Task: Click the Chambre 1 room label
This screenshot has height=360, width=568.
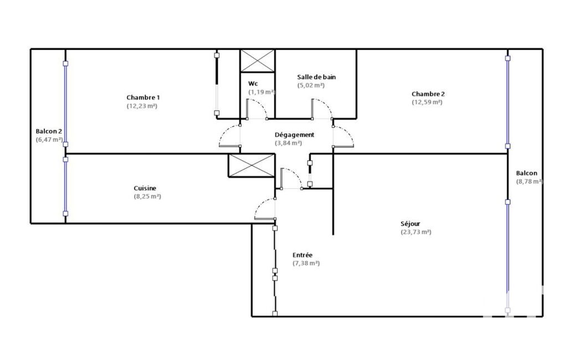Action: (x=143, y=97)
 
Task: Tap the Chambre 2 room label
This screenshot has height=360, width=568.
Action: (x=428, y=94)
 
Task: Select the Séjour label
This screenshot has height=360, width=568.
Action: (x=411, y=224)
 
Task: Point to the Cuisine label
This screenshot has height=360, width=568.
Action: (x=145, y=188)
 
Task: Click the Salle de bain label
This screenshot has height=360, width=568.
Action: (x=316, y=77)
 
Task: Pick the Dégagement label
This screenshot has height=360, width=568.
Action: (x=294, y=135)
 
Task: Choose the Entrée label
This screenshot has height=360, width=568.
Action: (x=303, y=255)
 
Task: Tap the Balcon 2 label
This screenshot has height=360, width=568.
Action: (x=49, y=131)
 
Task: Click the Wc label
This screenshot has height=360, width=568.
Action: (x=253, y=84)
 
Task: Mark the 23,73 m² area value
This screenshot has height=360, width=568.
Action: (x=416, y=232)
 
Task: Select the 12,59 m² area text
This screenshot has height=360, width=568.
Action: (x=427, y=102)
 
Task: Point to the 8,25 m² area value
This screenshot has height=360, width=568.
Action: (x=147, y=197)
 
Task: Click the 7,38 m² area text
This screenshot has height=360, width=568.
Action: (x=306, y=263)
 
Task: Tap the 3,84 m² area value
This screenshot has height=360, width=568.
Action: (x=288, y=143)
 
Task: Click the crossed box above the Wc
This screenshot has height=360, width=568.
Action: (x=258, y=61)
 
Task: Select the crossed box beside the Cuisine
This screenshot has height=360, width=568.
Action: (x=252, y=166)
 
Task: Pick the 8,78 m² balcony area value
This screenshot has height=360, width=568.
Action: (x=529, y=182)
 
